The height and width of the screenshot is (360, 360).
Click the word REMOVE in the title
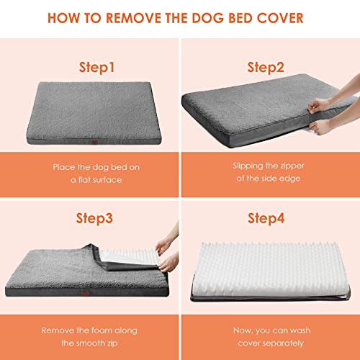point(134,18)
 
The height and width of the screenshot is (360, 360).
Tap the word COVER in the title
point(280,18)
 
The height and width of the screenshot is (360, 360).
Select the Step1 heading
point(96,68)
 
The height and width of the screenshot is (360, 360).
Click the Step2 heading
point(266,68)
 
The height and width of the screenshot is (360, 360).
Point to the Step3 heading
point(94,219)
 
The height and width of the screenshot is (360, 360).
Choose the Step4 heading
point(266,219)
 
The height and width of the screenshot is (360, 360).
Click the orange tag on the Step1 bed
point(95,142)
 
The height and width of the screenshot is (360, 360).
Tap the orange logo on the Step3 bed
point(85,293)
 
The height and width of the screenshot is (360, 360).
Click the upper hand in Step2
point(318,106)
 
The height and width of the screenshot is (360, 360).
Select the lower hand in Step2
point(319,127)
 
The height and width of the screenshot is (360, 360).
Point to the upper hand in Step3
point(164,246)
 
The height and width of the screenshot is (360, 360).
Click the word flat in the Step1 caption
point(84,180)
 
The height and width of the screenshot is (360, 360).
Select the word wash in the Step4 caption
point(300,330)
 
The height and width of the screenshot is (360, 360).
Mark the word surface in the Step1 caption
point(107,180)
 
